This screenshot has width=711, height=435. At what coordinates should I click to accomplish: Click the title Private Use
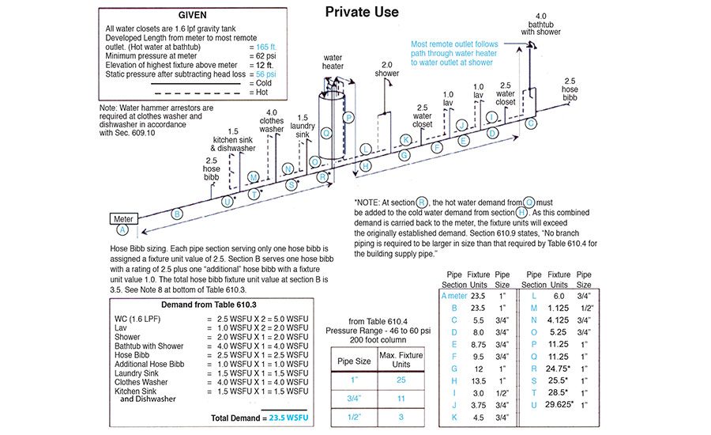(x=362, y=12)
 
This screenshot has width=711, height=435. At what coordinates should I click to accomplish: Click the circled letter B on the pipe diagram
(x=177, y=214)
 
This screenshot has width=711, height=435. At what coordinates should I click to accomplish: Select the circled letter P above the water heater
(x=348, y=117)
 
